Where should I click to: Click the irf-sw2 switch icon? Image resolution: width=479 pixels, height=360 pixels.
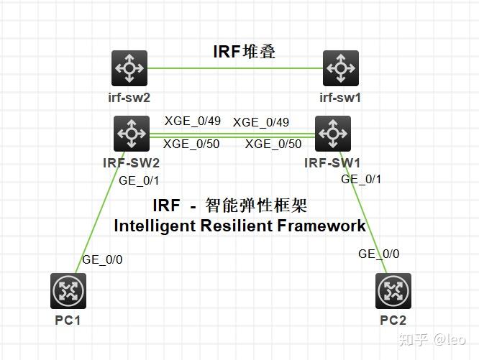[x=130, y=68]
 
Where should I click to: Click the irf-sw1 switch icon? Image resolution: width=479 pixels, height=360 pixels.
[x=340, y=68]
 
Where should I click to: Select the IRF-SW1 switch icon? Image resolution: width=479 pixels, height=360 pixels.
[x=333, y=133]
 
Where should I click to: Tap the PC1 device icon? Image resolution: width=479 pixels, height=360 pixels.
[x=69, y=291]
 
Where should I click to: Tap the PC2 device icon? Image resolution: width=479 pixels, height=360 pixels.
[x=393, y=291]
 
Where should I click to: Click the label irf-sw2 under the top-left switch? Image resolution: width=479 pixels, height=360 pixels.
[x=129, y=98]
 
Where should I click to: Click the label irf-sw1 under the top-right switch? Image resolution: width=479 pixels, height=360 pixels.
[x=340, y=98]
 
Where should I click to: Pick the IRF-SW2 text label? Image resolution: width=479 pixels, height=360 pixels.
[x=132, y=162]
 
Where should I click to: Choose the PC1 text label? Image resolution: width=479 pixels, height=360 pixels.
[x=68, y=320]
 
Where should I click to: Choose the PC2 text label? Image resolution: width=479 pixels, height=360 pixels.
[x=393, y=320]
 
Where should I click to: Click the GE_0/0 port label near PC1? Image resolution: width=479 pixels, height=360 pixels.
[x=102, y=259]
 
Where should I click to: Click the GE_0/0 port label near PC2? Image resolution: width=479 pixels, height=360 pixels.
[x=378, y=254]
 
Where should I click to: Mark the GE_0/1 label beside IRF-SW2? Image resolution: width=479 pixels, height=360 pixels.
[x=139, y=180]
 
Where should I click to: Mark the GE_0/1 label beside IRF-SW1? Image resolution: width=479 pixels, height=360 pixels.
[x=361, y=179]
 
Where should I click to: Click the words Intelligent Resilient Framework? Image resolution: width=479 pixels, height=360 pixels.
[x=240, y=226]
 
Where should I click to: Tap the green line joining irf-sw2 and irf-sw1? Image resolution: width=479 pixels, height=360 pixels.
[x=235, y=69]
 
